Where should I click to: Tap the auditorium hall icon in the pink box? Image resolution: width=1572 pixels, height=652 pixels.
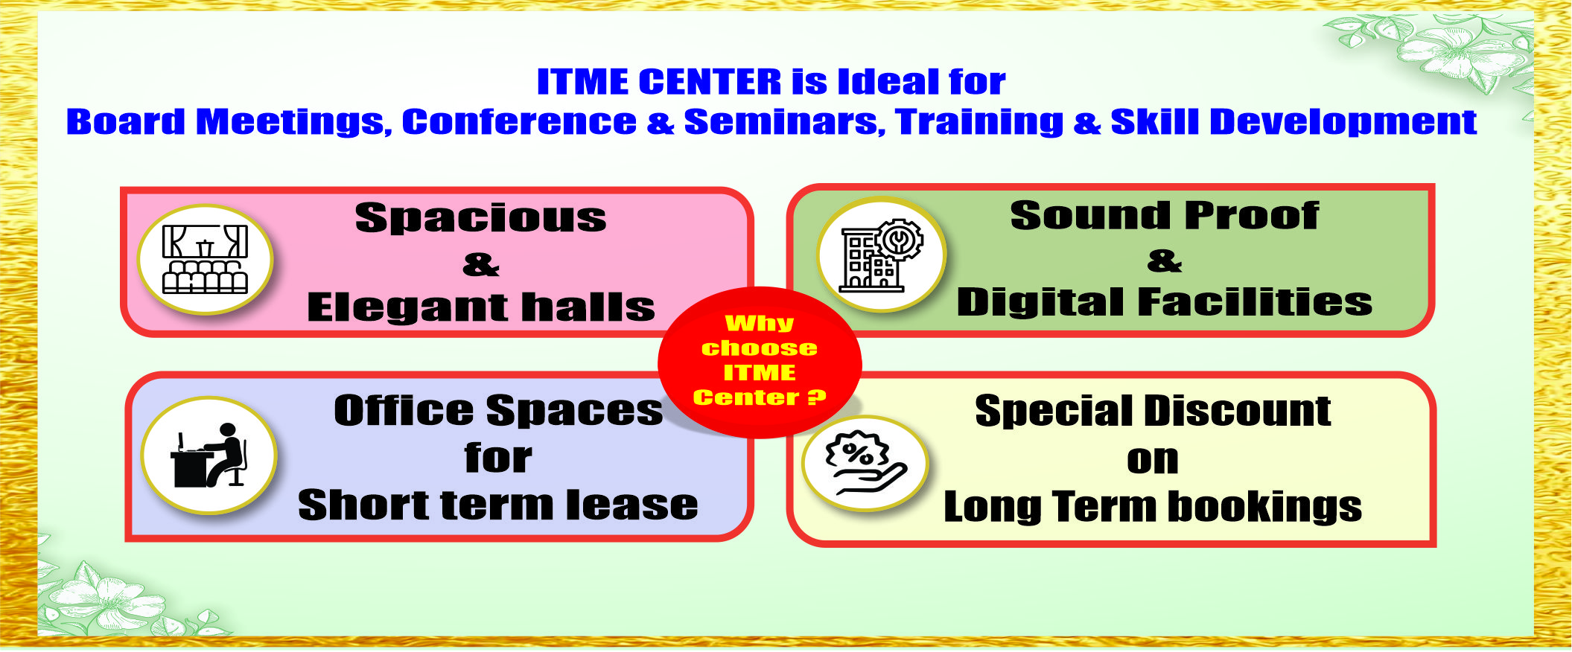coord(205,259)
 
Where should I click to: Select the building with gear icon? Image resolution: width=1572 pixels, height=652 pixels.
coord(881,255)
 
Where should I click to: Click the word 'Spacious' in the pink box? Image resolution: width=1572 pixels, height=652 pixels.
coord(480,218)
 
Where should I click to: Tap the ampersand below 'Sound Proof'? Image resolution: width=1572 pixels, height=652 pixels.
coord(1165,261)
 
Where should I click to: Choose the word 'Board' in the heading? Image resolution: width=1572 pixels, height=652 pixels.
coord(126,122)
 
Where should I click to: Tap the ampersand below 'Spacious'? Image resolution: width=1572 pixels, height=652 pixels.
coord(481,264)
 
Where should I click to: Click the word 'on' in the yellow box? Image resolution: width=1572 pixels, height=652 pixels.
coord(1153,460)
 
